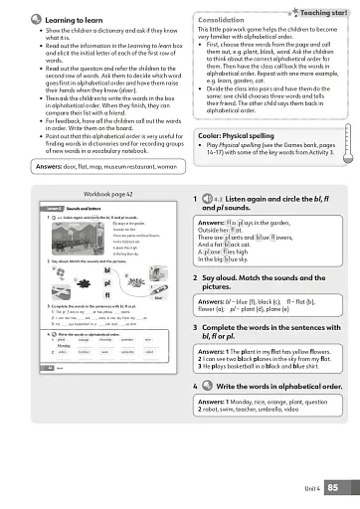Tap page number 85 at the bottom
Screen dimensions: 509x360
click(x=333, y=486)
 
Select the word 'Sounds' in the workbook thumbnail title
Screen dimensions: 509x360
click(x=64, y=208)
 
